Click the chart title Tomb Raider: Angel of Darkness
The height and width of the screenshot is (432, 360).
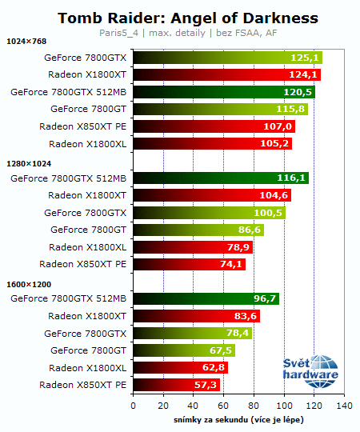(188, 18)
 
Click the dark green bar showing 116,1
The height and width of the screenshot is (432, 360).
(220, 178)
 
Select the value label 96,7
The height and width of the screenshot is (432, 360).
(266, 298)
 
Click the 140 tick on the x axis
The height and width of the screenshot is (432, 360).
(345, 406)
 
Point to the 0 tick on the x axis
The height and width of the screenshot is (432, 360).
(133, 406)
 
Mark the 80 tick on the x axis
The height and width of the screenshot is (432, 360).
(254, 406)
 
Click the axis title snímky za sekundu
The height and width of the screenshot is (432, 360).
(238, 420)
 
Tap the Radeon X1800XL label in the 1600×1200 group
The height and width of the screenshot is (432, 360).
(87, 367)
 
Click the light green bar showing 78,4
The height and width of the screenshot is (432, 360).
(192, 333)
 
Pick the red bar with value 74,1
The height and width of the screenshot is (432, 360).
(189, 264)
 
